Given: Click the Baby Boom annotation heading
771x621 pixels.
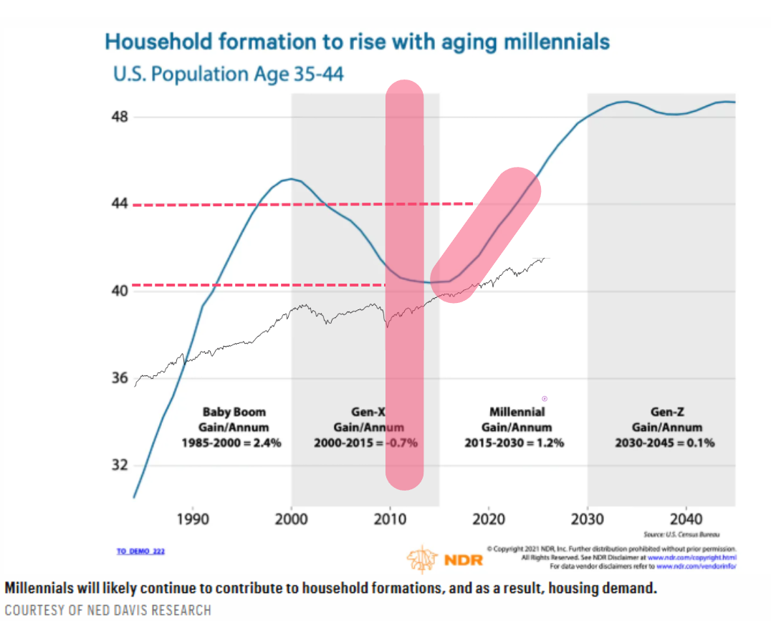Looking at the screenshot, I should click(x=234, y=412).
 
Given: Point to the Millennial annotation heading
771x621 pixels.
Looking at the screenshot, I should click(x=517, y=412).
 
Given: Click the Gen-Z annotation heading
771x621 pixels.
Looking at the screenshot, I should click(x=664, y=412).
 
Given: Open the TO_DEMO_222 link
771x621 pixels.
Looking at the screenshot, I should click(x=141, y=551).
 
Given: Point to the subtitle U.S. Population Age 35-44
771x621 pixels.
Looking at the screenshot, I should click(x=229, y=73).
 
